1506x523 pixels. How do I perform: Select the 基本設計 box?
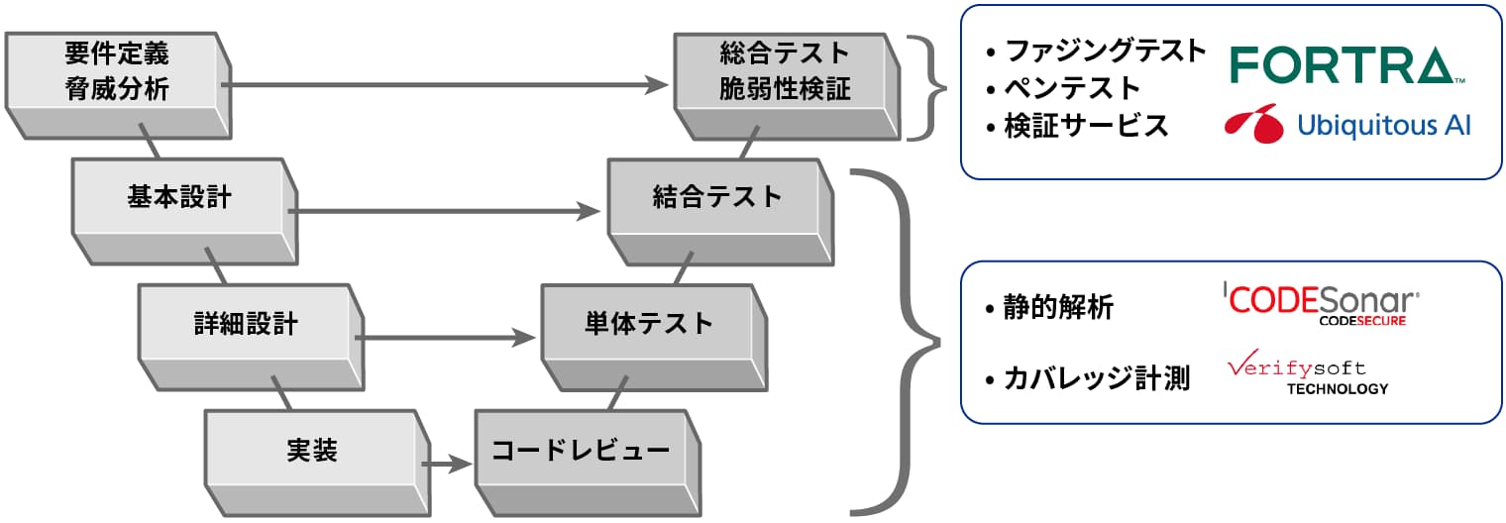point(179,197)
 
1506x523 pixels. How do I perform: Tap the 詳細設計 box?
point(246,324)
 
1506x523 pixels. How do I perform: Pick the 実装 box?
point(311,451)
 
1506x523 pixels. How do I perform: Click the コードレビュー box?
point(581,451)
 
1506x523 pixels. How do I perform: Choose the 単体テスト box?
point(648,324)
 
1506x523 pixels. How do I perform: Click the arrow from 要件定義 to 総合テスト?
point(446,86)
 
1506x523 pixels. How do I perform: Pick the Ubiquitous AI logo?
point(1346,125)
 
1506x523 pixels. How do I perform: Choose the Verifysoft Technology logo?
point(1309,375)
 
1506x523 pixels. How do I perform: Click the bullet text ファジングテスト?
point(1105,51)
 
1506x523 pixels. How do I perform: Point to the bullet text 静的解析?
point(1058,308)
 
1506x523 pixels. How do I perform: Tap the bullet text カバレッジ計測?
point(1096,377)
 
